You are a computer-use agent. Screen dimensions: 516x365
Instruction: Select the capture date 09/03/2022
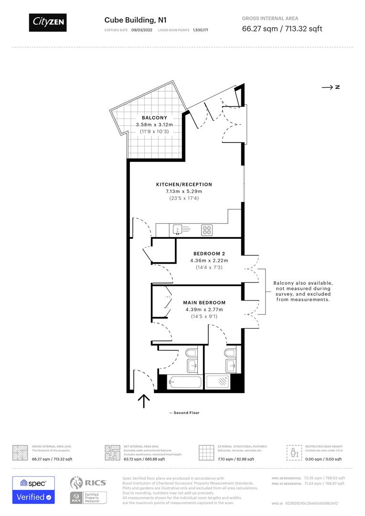point(141,30)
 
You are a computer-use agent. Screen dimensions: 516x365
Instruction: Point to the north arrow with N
point(331,87)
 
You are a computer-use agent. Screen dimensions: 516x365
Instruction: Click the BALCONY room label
point(154,118)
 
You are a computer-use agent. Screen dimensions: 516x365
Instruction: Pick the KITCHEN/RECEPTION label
point(184,184)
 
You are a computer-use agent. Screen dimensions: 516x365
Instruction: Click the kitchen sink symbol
point(177,230)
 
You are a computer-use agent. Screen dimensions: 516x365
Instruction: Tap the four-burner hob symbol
point(207,230)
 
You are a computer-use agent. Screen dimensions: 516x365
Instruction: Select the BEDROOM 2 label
point(209,253)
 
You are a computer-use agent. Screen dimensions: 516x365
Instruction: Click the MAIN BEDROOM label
point(204,302)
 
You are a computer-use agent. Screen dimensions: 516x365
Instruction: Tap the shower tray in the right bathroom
point(218,382)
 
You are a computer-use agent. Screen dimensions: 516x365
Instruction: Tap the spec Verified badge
point(33,490)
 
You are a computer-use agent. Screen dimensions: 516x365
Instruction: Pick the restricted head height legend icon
point(293,451)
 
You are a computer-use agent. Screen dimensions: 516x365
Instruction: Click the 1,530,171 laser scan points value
point(200,30)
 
